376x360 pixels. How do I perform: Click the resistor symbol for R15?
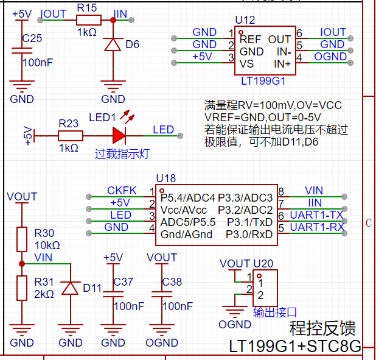[89, 20]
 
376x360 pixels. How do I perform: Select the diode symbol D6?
[113, 44]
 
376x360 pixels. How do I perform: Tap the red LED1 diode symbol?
[119, 136]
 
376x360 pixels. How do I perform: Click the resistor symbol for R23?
[71, 136]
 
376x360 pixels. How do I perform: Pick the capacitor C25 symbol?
[22, 51]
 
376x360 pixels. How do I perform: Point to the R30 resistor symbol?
[22, 239]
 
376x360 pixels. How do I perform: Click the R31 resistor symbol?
[22, 288]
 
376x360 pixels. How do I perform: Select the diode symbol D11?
[70, 288]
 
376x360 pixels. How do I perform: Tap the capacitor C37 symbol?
[113, 294]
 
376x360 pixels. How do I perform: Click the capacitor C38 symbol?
[162, 294]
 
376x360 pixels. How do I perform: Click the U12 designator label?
[245, 20]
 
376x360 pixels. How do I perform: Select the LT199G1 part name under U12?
[263, 81]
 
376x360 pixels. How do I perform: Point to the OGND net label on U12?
[330, 57]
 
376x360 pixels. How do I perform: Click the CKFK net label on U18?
[122, 191]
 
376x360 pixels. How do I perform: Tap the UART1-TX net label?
[317, 215]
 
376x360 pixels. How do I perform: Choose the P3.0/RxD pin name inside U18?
[249, 235]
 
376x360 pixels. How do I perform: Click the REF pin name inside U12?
[250, 40]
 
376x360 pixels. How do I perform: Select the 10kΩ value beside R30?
[47, 245]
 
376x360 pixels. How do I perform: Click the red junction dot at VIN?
[22, 264]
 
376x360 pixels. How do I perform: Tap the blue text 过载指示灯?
[122, 154]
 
